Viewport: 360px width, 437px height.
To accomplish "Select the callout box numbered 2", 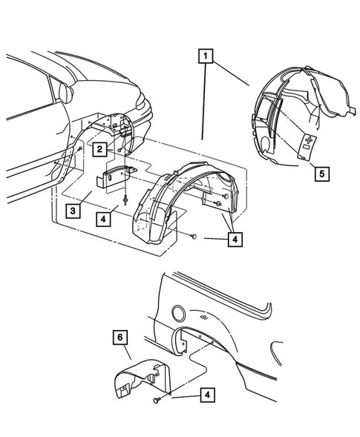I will click(x=99, y=148).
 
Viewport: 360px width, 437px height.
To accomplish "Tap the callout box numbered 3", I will click(x=71, y=211).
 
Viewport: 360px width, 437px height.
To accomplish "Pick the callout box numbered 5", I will click(x=321, y=175).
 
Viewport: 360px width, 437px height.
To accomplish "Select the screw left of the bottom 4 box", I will click(x=157, y=401).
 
